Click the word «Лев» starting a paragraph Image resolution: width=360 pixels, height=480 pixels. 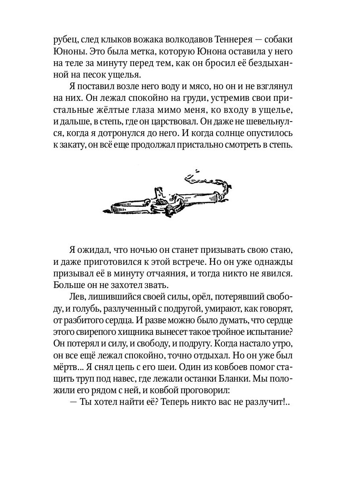[78, 297]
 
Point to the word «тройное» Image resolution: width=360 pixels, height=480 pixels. [220, 332]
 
